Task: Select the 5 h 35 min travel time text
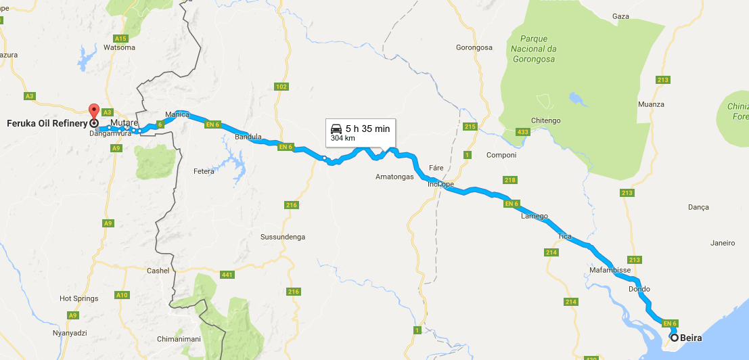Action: pos(367,129)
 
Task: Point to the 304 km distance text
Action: pos(343,138)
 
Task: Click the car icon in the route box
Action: pos(336,129)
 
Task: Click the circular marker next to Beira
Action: pos(675,337)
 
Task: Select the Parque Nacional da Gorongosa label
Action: pos(533,49)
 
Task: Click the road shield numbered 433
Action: pos(522,131)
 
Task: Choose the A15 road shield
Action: pos(121,38)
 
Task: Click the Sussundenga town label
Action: pos(283,237)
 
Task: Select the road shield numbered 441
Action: pos(227,274)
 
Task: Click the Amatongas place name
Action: pos(394,177)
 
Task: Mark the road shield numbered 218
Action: pos(510,180)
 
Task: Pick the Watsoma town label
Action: pos(120,47)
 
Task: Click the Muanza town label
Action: pos(651,104)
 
